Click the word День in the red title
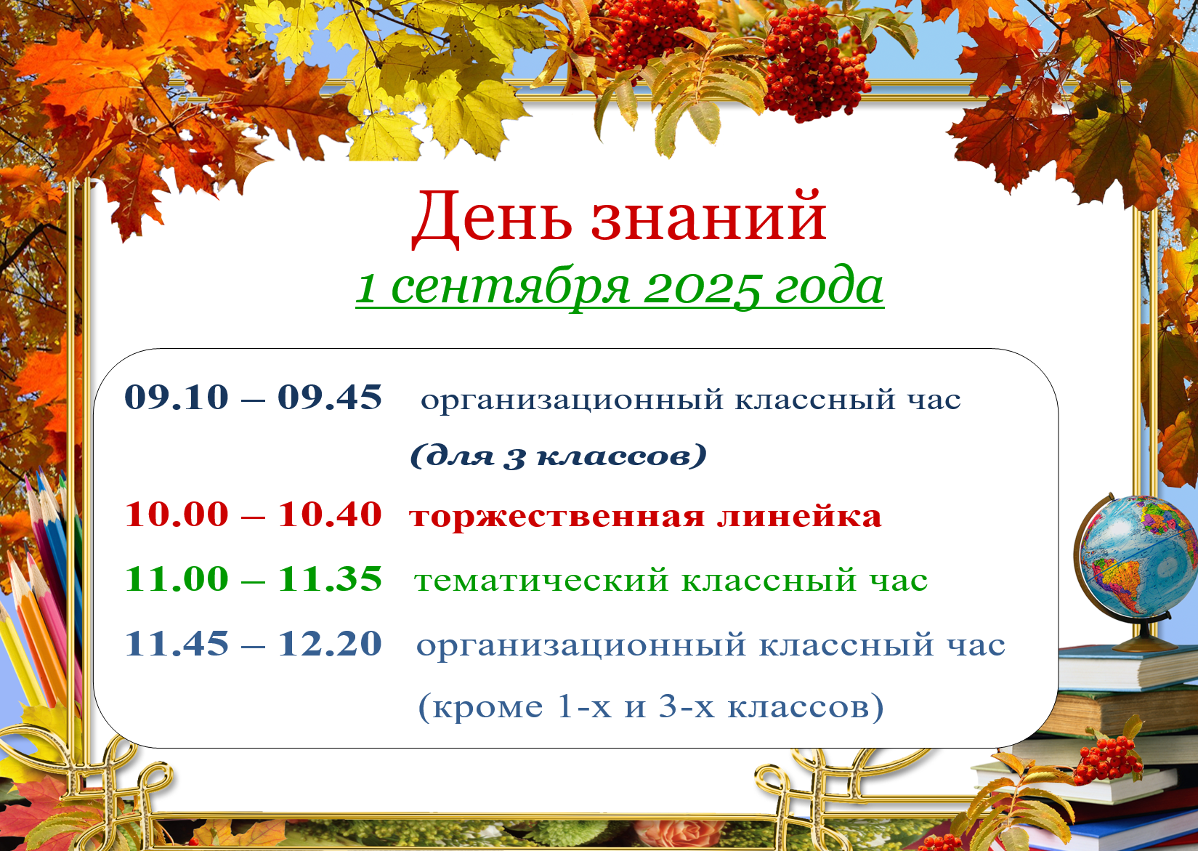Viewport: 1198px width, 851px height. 492,219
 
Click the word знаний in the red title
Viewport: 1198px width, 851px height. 708,216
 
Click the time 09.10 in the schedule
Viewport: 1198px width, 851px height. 177,398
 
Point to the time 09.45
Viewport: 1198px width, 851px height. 329,398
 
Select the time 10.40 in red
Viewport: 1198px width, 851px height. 329,515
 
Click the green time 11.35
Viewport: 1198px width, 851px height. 329,578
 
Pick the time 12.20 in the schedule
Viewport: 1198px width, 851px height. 329,643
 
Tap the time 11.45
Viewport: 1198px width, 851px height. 177,643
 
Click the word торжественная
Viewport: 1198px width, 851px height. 556,517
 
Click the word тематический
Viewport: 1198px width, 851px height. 541,581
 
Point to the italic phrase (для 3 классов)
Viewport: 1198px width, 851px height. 559,456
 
